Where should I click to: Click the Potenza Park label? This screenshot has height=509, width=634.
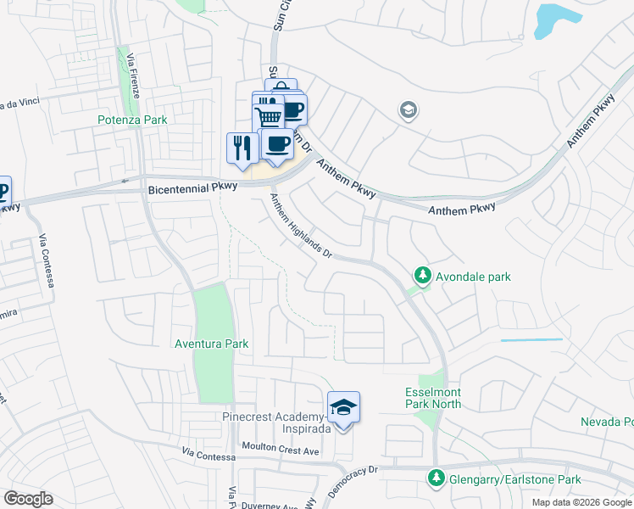pos(131,120)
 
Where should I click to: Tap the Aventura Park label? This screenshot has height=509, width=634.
pos(211,344)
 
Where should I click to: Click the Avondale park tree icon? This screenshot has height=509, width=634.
pos(422,276)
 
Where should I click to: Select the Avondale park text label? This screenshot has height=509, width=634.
pos(473,277)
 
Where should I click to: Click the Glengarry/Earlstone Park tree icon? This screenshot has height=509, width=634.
pos(437,479)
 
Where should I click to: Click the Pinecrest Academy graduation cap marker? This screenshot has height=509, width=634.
pos(343,407)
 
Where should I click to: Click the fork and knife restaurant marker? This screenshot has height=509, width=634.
pos(242,148)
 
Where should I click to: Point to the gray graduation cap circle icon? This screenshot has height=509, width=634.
pos(408,111)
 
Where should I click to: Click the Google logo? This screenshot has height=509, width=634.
pos(28,499)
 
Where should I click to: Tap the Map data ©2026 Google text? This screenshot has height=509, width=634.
pos(582,502)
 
